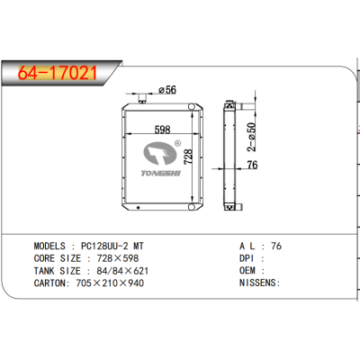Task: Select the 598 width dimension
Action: (162, 130)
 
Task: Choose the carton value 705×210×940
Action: (110, 283)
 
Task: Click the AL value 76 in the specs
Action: (277, 244)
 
